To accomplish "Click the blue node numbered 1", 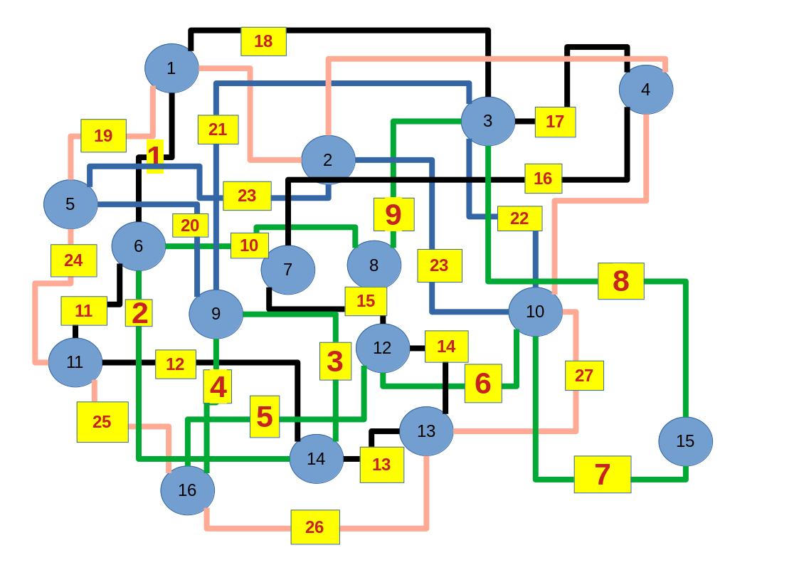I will (x=171, y=68).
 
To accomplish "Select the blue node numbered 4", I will (x=645, y=90).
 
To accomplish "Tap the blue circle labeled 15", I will (x=684, y=441).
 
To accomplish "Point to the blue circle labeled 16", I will (x=187, y=490).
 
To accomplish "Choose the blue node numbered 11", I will (x=75, y=362).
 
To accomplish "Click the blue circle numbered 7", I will (x=287, y=270).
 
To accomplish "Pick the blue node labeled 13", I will (x=425, y=431).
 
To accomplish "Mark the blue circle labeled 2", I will (x=327, y=160).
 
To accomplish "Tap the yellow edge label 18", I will (x=263, y=41).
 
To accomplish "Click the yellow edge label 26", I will (x=314, y=527).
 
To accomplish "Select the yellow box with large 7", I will (x=602, y=474).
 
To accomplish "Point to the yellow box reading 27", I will (x=583, y=376).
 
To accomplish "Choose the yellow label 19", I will (x=103, y=135).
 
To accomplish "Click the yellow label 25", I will (x=102, y=421).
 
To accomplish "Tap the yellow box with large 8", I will (x=620, y=281).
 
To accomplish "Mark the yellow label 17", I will (x=554, y=122).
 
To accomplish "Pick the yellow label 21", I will (x=218, y=130).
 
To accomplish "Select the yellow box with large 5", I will (x=264, y=416).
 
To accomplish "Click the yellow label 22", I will (x=519, y=218).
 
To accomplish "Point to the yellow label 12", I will (x=175, y=364).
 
